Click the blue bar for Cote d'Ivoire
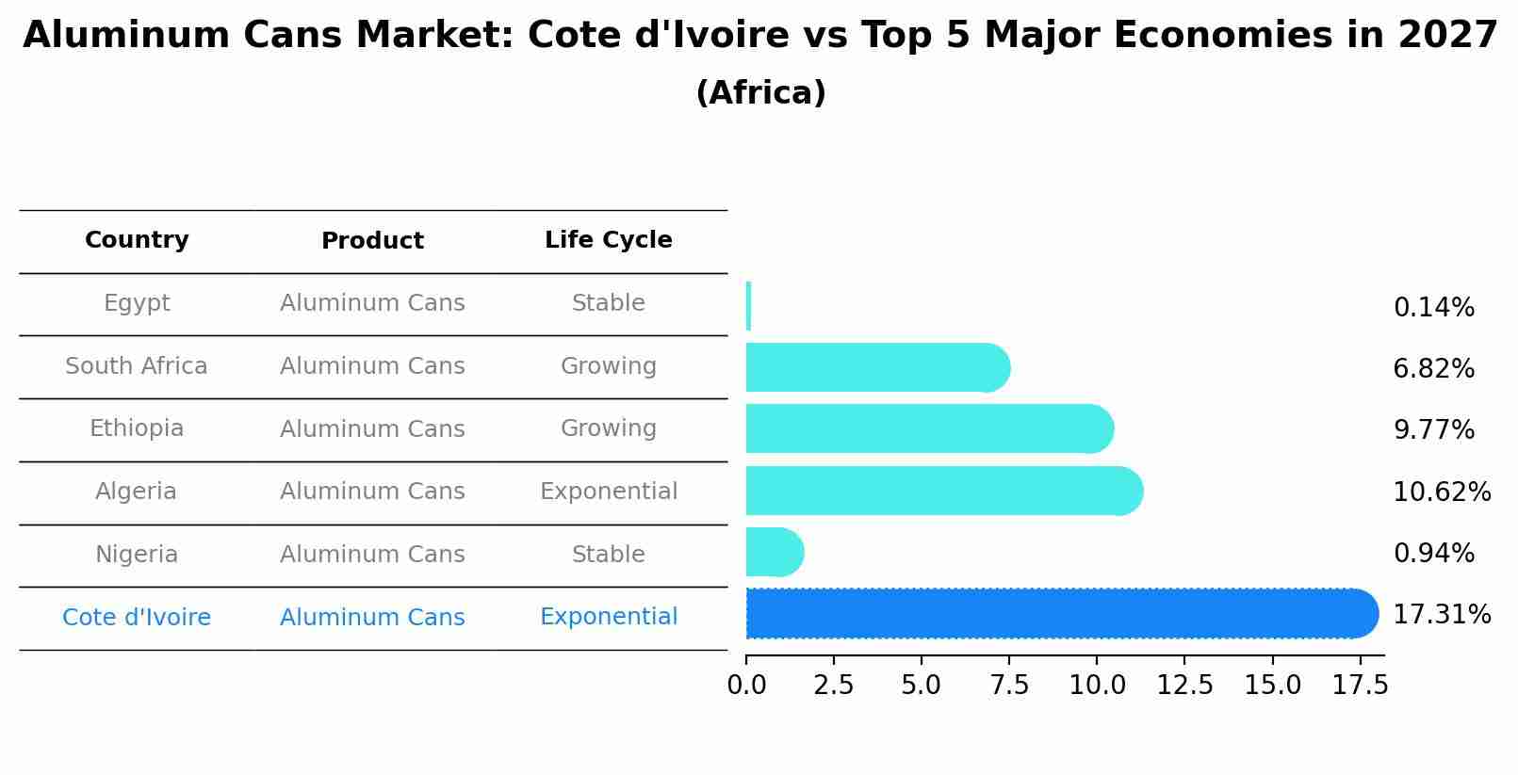point(1055,614)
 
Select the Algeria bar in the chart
point(942,491)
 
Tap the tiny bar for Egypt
point(748,306)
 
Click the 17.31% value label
point(1441,615)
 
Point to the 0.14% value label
point(1433,308)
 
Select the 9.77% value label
point(1433,430)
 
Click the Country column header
point(137,240)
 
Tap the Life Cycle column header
point(608,240)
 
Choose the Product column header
point(372,241)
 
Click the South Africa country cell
point(137,366)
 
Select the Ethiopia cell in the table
point(137,428)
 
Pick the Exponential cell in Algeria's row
point(608,492)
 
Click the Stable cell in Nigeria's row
point(608,555)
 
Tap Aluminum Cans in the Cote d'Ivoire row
point(372,618)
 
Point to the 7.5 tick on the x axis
point(1009,686)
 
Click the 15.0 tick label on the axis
point(1272,686)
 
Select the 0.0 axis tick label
point(746,686)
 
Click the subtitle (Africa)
point(760,93)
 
